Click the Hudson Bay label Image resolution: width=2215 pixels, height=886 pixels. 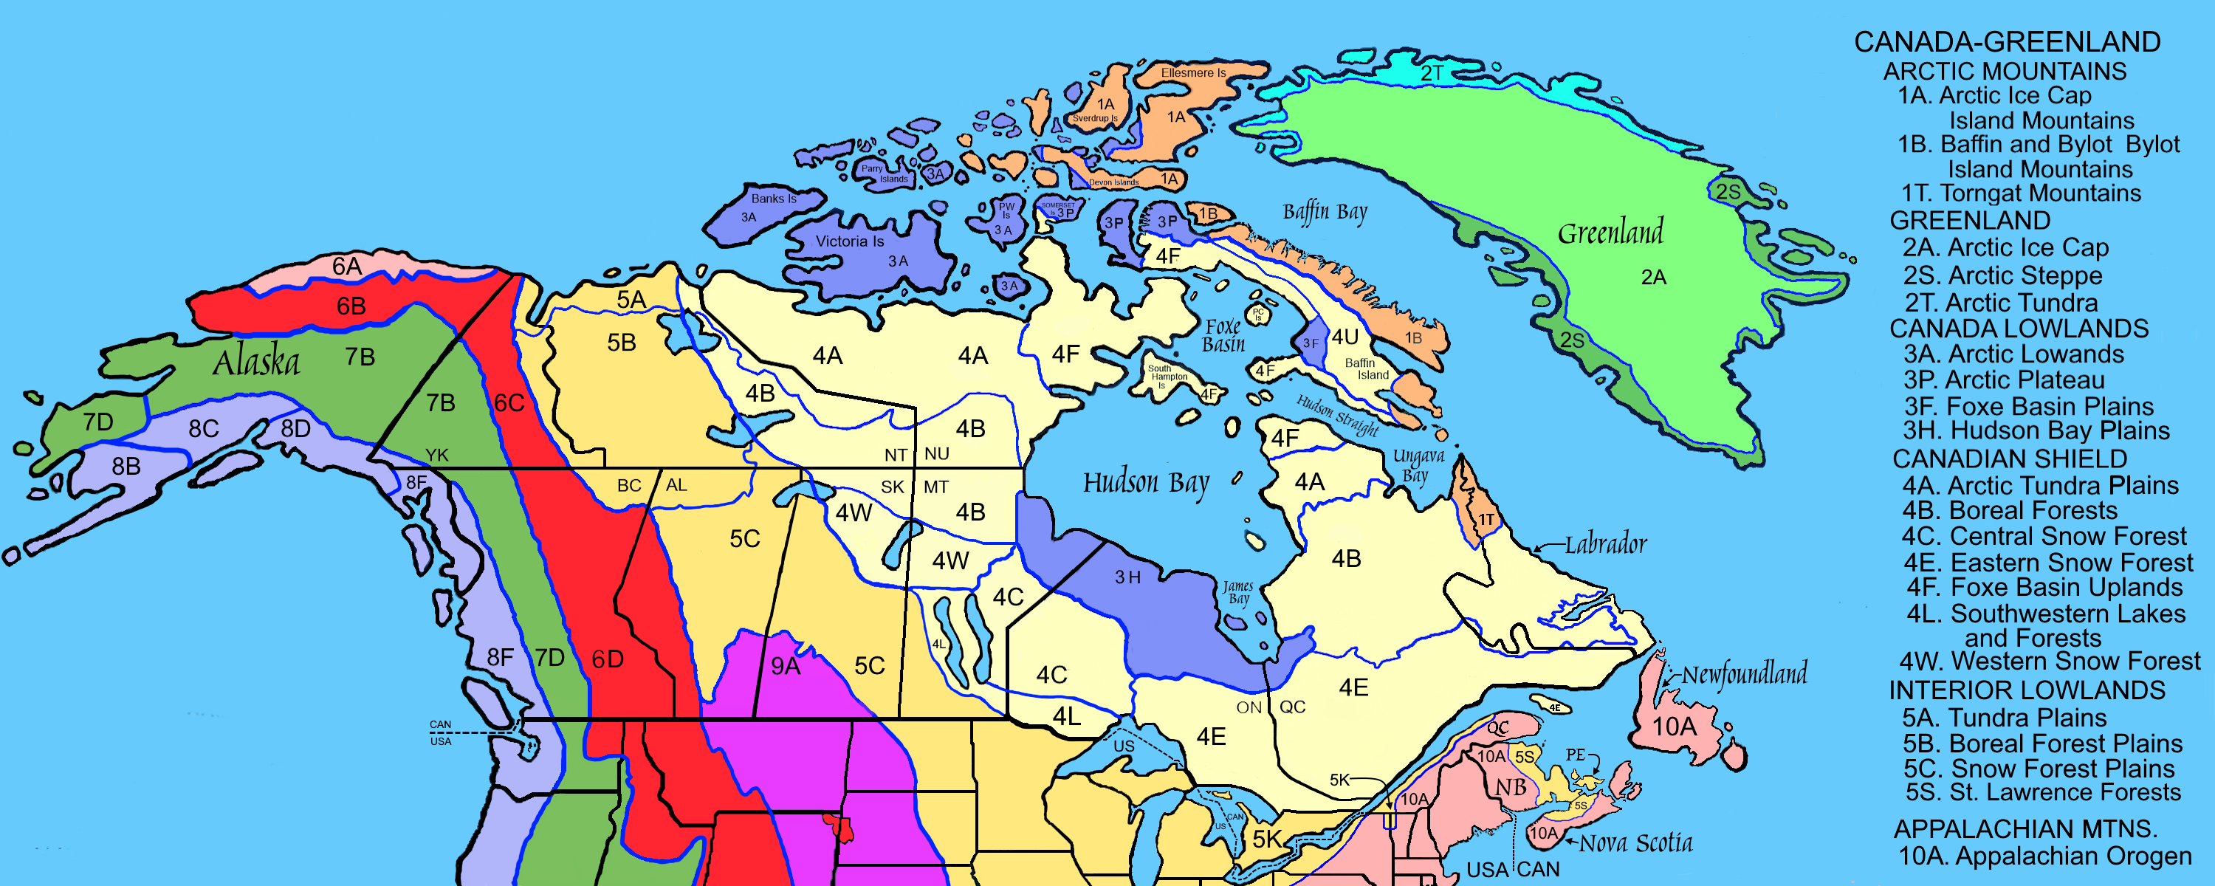click(1145, 484)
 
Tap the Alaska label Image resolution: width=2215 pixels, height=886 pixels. click(256, 362)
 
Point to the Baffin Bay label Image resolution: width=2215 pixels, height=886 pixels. click(1324, 213)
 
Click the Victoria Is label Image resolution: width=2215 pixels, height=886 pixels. click(850, 241)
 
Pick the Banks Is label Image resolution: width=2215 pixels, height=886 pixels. click(774, 199)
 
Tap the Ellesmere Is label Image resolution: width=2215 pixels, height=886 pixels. click(1193, 73)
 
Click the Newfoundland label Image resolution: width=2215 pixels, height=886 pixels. click(1744, 673)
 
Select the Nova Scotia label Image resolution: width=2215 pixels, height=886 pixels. click(1635, 843)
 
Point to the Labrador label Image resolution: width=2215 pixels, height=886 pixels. click(1605, 544)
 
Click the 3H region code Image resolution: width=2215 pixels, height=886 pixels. click(1127, 578)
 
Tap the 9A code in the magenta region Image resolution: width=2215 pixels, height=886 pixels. click(785, 666)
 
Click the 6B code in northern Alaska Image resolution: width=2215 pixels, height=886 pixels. click(351, 306)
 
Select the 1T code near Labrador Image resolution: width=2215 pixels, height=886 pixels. click(1486, 520)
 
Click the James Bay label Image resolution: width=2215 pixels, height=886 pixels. click(1238, 592)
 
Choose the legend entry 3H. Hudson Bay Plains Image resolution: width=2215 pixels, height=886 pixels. click(2036, 430)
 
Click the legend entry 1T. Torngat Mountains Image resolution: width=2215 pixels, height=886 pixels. click(2021, 193)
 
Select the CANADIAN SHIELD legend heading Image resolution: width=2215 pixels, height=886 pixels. click(2010, 459)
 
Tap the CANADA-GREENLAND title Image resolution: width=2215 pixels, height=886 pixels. click(2007, 42)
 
